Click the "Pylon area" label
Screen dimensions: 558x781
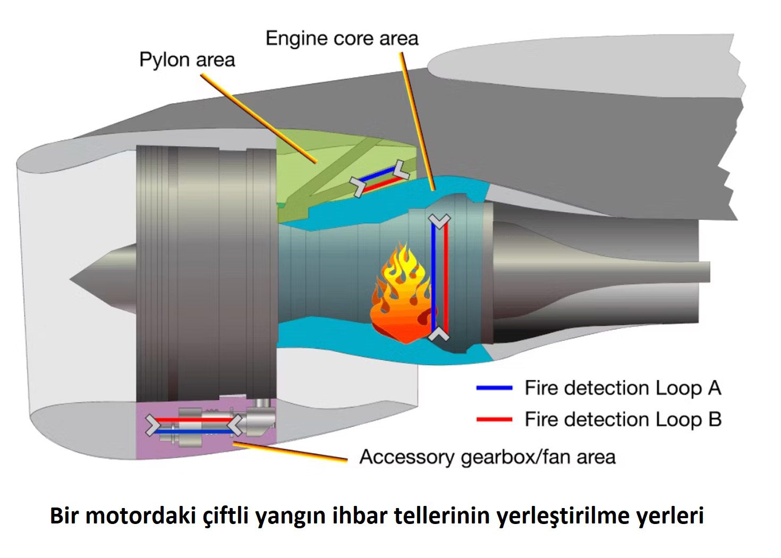tap(187, 60)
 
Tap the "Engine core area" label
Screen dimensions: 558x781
tap(342, 38)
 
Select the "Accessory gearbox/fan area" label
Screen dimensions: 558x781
tap(487, 457)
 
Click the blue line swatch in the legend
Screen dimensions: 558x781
tap(494, 388)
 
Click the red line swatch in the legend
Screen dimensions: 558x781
tap(494, 420)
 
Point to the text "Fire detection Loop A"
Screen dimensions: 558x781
tap(623, 388)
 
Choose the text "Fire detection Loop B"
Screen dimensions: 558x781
tap(623, 420)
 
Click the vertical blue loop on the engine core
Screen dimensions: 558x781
tap(434, 276)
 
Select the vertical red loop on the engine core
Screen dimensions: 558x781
tap(446, 276)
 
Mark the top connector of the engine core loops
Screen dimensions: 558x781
tap(439, 221)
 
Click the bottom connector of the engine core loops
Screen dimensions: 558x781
tap(439, 334)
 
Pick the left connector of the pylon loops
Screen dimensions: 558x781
tap(358, 186)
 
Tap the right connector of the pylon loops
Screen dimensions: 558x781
tap(401, 169)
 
